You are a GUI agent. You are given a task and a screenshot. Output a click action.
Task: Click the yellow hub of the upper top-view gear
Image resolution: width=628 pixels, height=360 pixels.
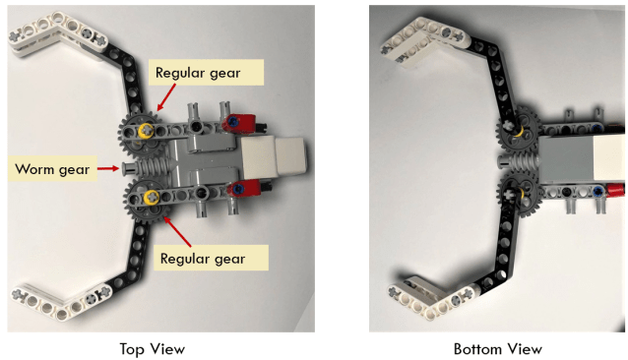(x=146, y=130)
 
